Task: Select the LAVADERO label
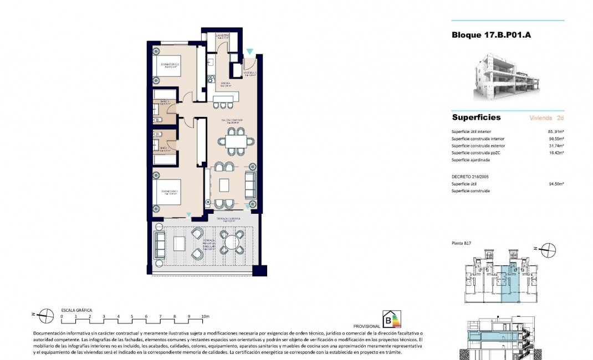click(223, 36)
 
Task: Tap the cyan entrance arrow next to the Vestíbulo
click(251, 52)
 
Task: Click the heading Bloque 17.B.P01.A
click(492, 35)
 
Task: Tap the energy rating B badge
click(392, 320)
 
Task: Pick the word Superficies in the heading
click(476, 117)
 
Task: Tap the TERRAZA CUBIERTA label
click(228, 219)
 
